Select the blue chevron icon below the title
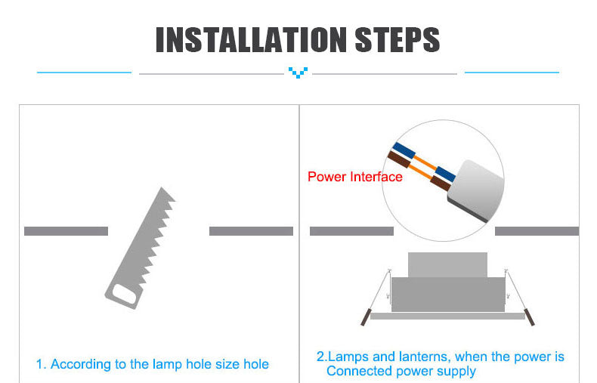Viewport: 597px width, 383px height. (298, 73)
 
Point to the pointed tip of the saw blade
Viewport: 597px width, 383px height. (162, 190)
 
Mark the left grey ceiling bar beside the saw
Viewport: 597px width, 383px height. (66, 231)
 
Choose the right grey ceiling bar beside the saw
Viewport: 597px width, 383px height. (251, 231)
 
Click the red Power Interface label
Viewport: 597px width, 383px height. (354, 177)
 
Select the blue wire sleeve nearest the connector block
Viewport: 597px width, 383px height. (445, 174)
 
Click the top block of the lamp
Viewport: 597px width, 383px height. (447, 264)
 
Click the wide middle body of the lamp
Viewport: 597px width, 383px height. (447, 294)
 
